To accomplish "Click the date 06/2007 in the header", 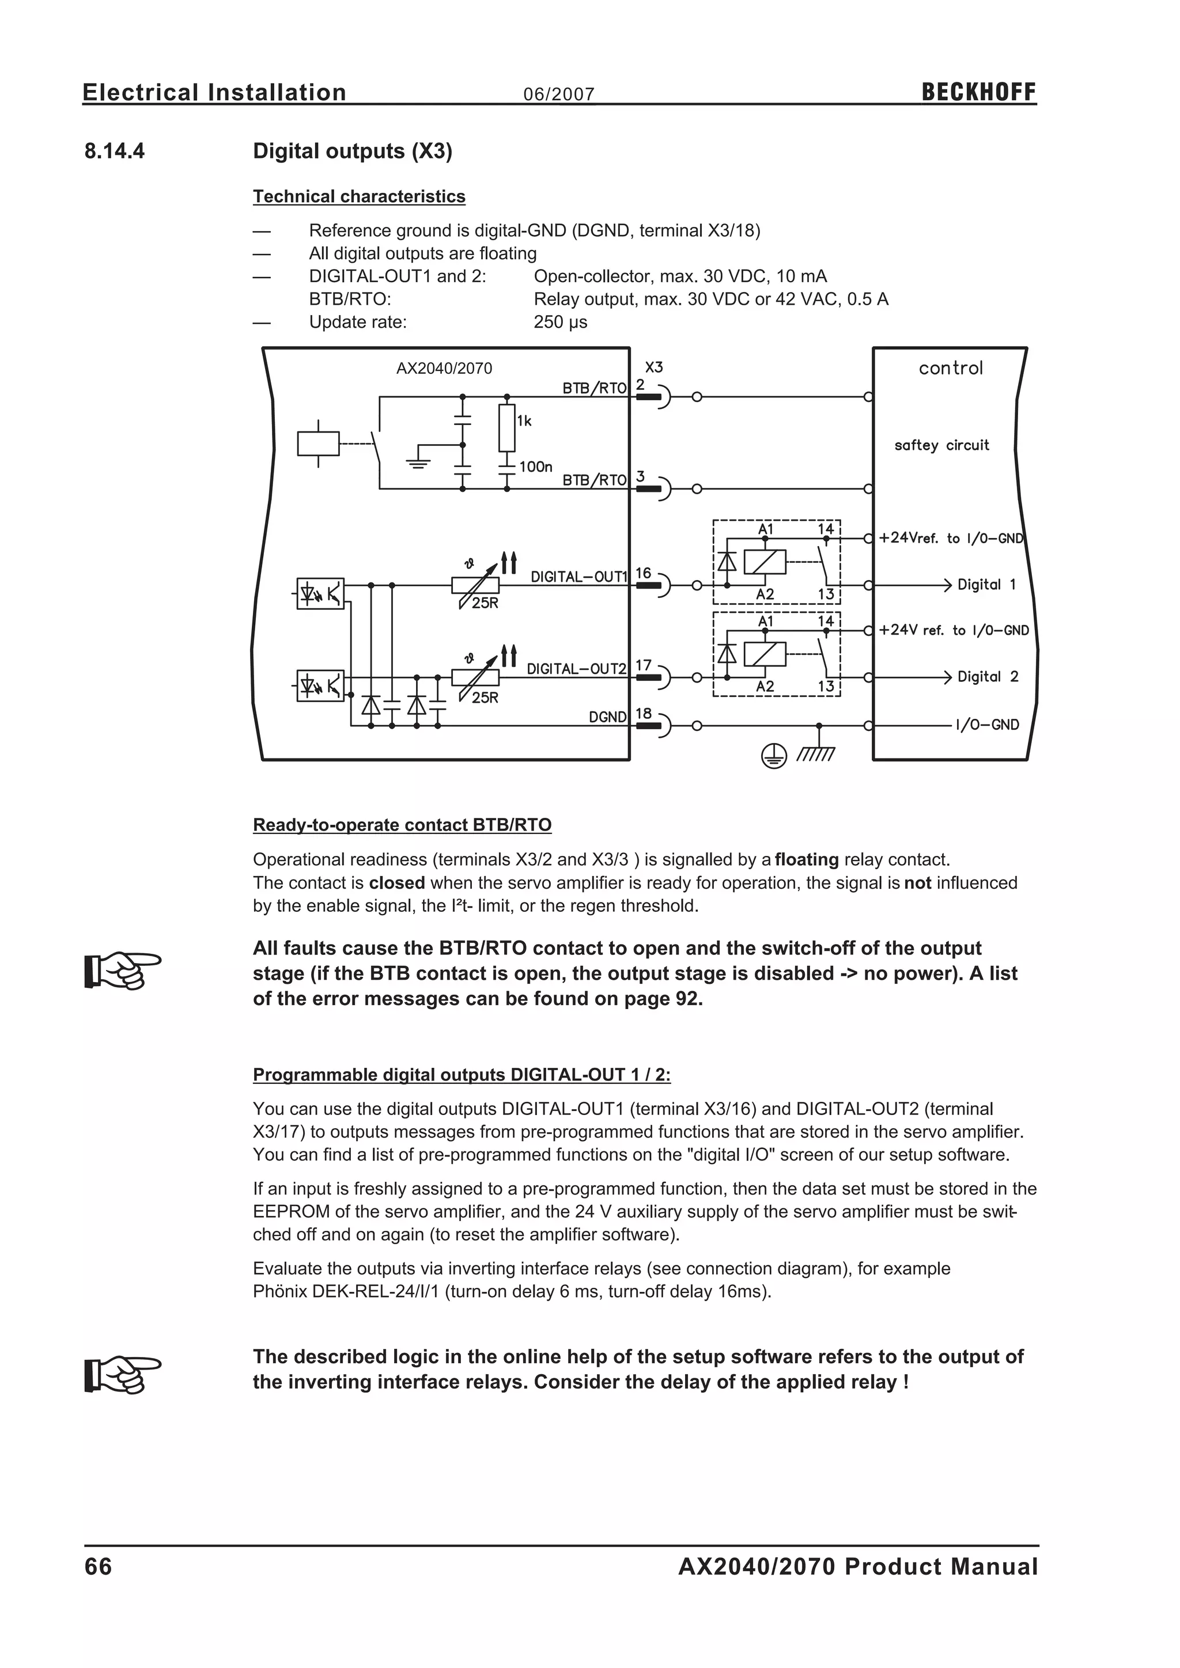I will [x=559, y=94].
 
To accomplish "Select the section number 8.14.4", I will [x=115, y=151].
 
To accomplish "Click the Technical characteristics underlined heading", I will [x=359, y=197].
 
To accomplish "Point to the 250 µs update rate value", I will [x=560, y=322].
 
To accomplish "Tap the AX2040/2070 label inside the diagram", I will [x=444, y=368].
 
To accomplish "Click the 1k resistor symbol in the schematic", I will [x=506, y=428].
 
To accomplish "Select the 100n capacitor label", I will [x=535, y=467].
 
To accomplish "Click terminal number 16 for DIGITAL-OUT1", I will [x=643, y=573].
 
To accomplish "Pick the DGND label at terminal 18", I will [x=607, y=717].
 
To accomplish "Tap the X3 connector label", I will [x=654, y=367].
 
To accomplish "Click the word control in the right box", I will [x=950, y=368].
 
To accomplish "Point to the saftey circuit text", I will [x=941, y=445].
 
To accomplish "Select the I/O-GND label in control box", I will [x=988, y=725].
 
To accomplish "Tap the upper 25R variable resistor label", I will [x=485, y=603].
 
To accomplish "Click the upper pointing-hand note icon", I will [x=122, y=970].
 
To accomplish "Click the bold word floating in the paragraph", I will [x=807, y=860].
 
